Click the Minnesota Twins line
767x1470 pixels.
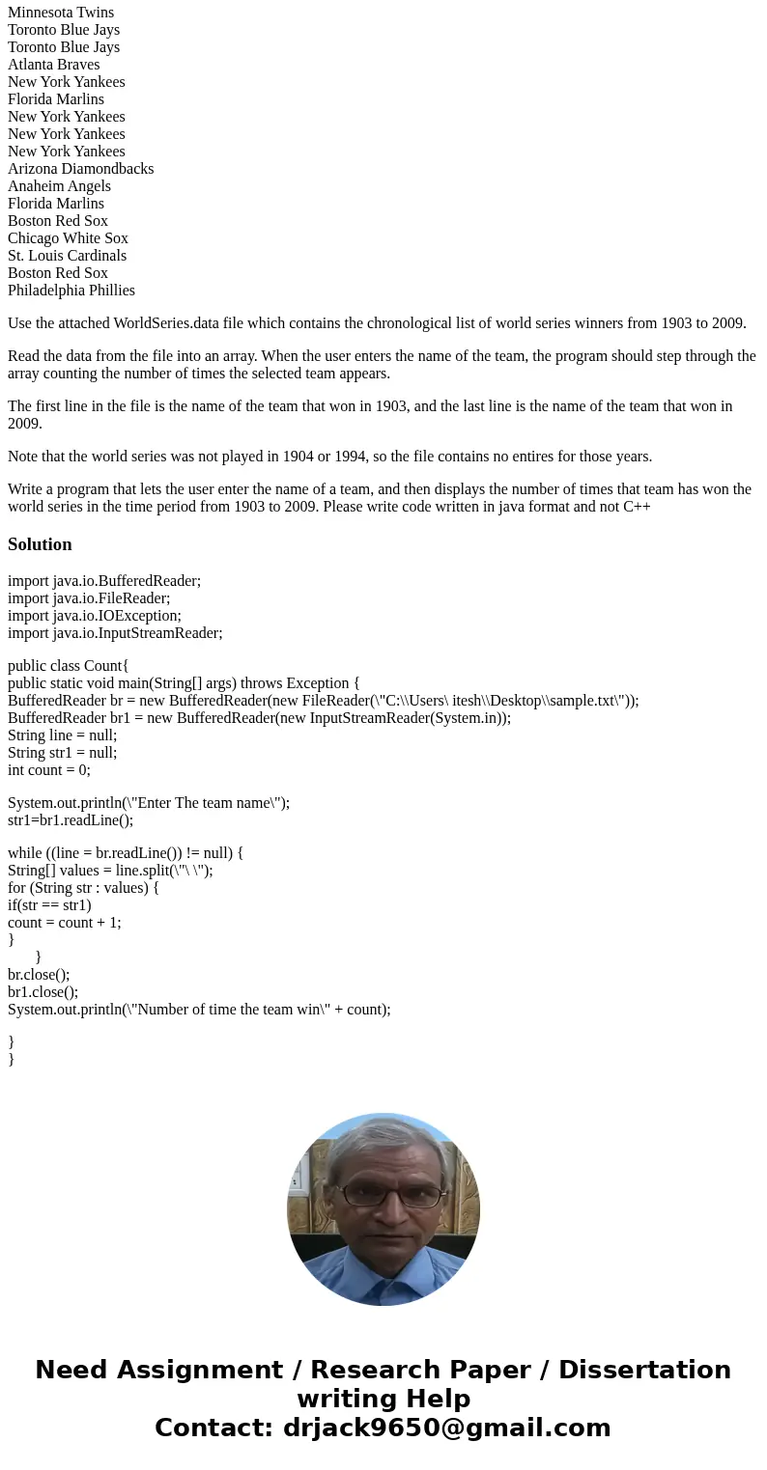(x=61, y=13)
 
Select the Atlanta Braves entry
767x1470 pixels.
(x=54, y=65)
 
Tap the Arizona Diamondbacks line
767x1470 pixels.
(x=81, y=169)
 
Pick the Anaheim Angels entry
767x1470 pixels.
(x=59, y=186)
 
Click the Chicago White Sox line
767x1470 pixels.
(x=68, y=238)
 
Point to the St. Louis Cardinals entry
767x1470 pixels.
(x=67, y=256)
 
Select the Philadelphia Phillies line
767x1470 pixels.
(x=71, y=291)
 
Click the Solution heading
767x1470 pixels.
(x=40, y=544)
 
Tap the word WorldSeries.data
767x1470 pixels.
(x=167, y=323)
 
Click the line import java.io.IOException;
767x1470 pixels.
(x=95, y=616)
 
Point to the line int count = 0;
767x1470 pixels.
(x=49, y=770)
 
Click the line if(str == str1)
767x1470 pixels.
(x=49, y=905)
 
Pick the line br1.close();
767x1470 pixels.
(x=43, y=992)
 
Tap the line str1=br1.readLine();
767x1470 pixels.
(x=71, y=820)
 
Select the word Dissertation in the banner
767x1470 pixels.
(x=644, y=1370)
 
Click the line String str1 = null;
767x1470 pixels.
(x=62, y=753)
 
